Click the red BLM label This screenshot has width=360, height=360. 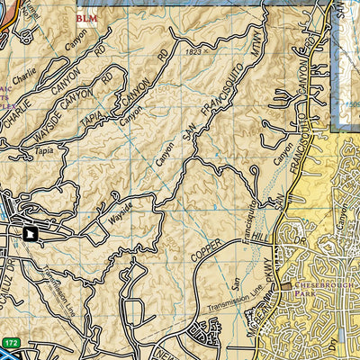(88, 17)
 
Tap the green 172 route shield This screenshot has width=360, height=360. (11, 343)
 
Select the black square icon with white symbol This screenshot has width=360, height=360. (31, 234)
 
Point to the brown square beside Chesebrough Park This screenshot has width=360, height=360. (286, 287)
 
